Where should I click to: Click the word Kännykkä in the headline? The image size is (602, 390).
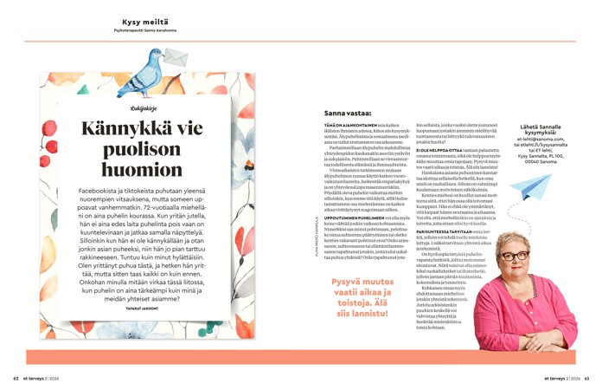pyautogui.click(x=142, y=129)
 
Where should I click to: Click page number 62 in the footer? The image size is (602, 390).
pyautogui.click(x=16, y=378)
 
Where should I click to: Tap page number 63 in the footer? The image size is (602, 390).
pyautogui.click(x=586, y=378)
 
